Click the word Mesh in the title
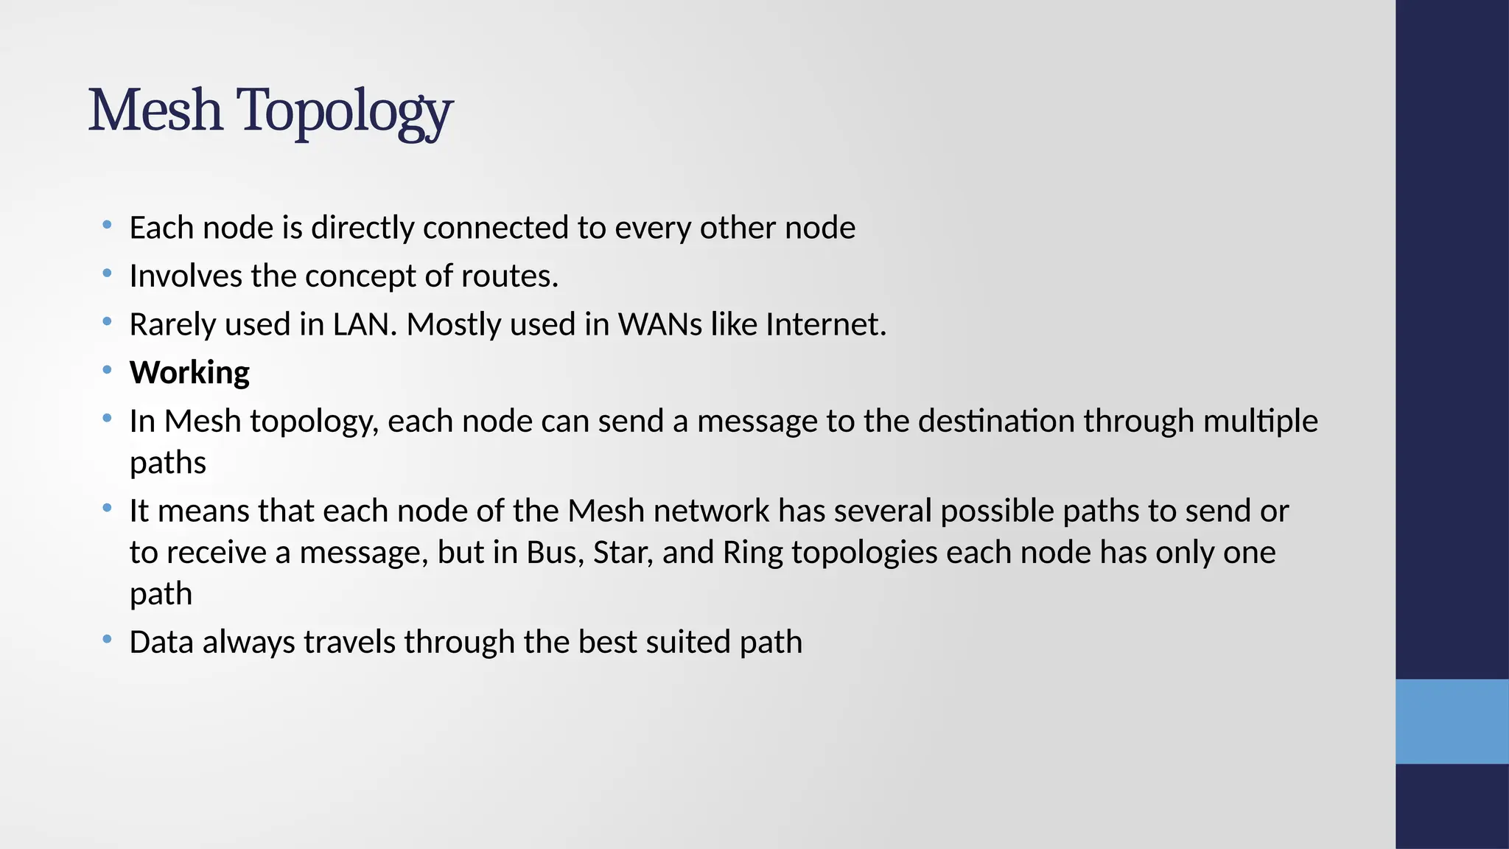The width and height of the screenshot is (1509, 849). click(155, 111)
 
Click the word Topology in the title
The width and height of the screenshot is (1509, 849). click(344, 112)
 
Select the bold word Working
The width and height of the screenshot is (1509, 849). click(189, 373)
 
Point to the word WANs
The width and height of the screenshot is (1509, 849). click(660, 324)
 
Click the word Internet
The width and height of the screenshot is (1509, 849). click(825, 324)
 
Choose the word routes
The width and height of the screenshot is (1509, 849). click(509, 276)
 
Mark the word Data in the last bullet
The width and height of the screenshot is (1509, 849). click(161, 642)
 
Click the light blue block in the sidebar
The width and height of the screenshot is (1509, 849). click(1452, 721)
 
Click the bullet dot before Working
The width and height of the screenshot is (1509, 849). click(108, 369)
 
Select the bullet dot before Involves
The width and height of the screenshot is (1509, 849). click(108, 273)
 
